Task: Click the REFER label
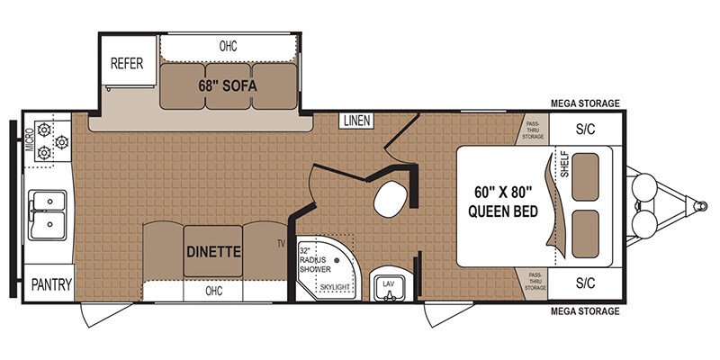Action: (x=128, y=63)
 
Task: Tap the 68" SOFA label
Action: (x=228, y=87)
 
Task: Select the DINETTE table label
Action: (x=213, y=251)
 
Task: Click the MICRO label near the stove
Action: (x=30, y=141)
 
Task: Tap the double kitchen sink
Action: (x=47, y=213)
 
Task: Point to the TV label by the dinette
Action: (x=281, y=244)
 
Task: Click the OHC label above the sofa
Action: (x=228, y=45)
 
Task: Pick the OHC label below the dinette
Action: (x=213, y=291)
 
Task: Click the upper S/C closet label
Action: (x=585, y=129)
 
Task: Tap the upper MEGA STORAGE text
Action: (x=585, y=103)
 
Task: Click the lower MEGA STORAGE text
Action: (x=585, y=311)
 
